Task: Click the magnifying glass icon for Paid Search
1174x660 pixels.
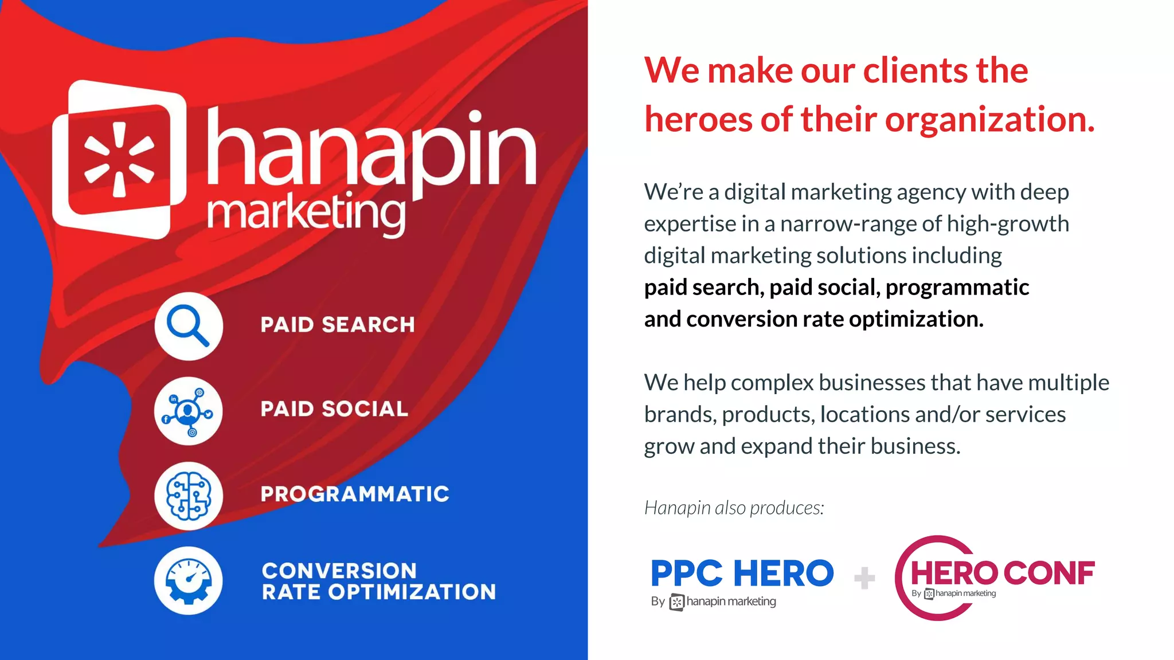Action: pos(188,326)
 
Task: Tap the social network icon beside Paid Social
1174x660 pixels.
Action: pos(188,411)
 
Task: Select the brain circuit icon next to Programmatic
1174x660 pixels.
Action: pos(188,496)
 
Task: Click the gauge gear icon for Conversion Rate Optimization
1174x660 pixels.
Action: pos(188,580)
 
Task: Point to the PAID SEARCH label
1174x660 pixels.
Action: pos(338,325)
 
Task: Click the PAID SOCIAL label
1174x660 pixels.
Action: pos(334,409)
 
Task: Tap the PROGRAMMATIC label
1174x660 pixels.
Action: pos(355,494)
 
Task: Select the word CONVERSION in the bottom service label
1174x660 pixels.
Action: pos(339,571)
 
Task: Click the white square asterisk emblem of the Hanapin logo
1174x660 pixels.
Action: pos(119,159)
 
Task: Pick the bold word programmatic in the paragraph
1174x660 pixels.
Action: pos(957,288)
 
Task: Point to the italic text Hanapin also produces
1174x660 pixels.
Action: pos(734,508)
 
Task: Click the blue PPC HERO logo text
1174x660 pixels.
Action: pos(742,573)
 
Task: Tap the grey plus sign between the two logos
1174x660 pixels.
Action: pos(864,577)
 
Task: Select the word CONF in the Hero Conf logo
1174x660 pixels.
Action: pos(1048,573)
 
